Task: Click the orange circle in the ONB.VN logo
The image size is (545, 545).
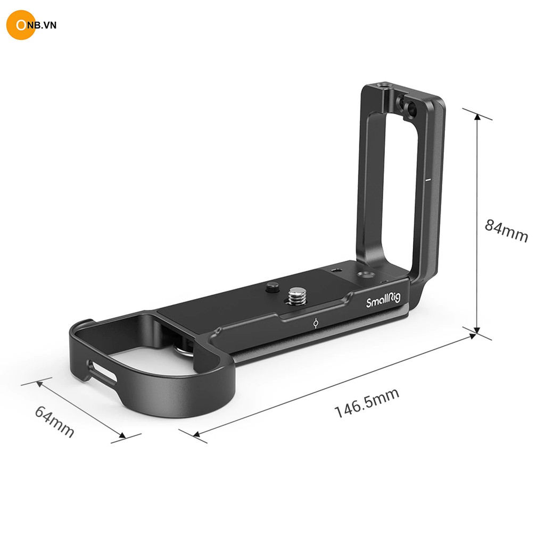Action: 21,25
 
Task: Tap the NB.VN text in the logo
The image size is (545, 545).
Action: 41,25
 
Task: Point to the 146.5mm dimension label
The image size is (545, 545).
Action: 367,403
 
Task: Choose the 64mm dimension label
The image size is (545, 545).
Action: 55,422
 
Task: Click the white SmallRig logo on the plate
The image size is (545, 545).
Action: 383,300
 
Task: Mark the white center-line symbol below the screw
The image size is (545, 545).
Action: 316,324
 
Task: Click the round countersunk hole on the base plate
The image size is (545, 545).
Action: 365,275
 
